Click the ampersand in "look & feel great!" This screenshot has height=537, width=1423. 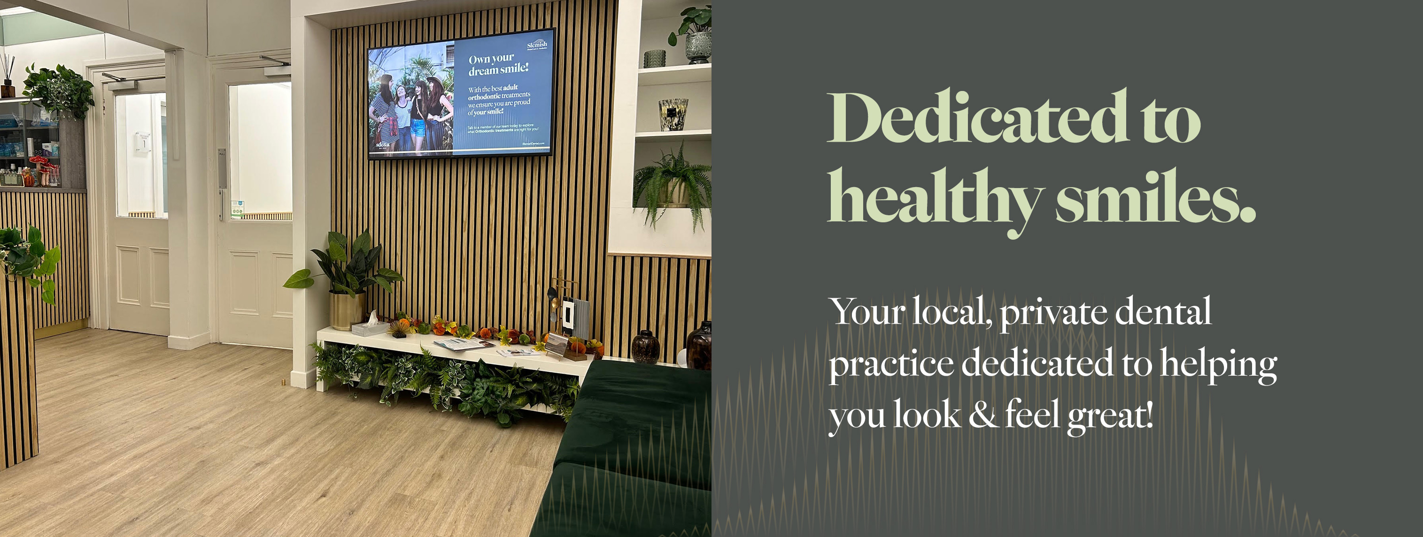click(982, 415)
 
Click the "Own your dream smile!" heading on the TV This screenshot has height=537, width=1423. click(498, 65)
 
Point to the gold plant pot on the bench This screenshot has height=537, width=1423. click(347, 311)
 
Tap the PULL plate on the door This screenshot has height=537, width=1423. click(222, 168)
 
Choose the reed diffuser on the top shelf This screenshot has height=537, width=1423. click(7, 80)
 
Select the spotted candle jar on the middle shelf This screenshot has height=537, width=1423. click(673, 114)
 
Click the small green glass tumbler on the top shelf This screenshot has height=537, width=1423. click(655, 59)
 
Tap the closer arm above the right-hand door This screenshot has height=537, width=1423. click(275, 61)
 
